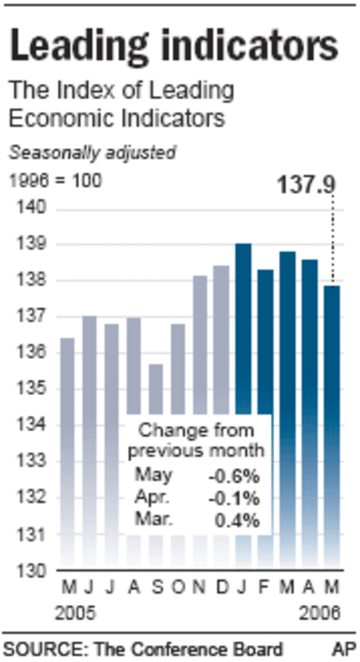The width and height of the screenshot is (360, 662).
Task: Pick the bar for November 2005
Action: tap(200, 341)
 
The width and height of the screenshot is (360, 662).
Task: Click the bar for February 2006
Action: tap(265, 341)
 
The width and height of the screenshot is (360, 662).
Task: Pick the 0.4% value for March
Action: tap(237, 520)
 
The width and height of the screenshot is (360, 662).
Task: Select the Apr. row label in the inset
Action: tap(151, 498)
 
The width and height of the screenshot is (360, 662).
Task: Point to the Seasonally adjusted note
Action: tap(93, 153)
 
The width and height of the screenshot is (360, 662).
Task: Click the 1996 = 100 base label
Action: tap(55, 181)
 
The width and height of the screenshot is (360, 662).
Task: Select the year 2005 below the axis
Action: tap(76, 614)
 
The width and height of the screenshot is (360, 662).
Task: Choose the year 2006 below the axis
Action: tap(320, 614)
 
